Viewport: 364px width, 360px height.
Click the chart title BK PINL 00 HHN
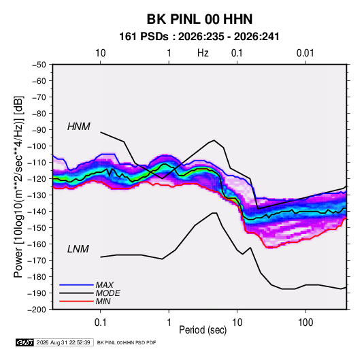click(199, 19)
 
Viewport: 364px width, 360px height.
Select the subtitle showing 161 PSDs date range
click(199, 37)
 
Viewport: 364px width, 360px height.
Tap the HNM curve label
click(79, 127)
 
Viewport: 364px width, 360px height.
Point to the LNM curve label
click(78, 249)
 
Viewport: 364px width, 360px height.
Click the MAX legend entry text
click(105, 285)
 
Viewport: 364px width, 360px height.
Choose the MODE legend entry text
click(107, 293)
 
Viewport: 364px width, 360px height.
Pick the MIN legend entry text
click(103, 301)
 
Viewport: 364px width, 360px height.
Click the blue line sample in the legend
click(76, 285)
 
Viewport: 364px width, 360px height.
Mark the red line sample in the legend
click(76, 301)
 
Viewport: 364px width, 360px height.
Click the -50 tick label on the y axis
click(39, 65)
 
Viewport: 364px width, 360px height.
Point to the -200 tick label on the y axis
click(37, 310)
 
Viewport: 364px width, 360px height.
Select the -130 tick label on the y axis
click(37, 195)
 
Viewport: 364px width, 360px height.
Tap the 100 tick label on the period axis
click(305, 323)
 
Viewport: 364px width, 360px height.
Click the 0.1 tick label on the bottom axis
click(100, 323)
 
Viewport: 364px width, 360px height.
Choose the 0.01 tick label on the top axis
click(305, 53)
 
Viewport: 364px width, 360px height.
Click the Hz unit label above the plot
click(203, 53)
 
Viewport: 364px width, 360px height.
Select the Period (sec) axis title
click(203, 330)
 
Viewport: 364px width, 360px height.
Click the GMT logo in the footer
click(24, 342)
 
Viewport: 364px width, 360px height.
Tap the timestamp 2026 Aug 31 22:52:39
click(63, 342)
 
